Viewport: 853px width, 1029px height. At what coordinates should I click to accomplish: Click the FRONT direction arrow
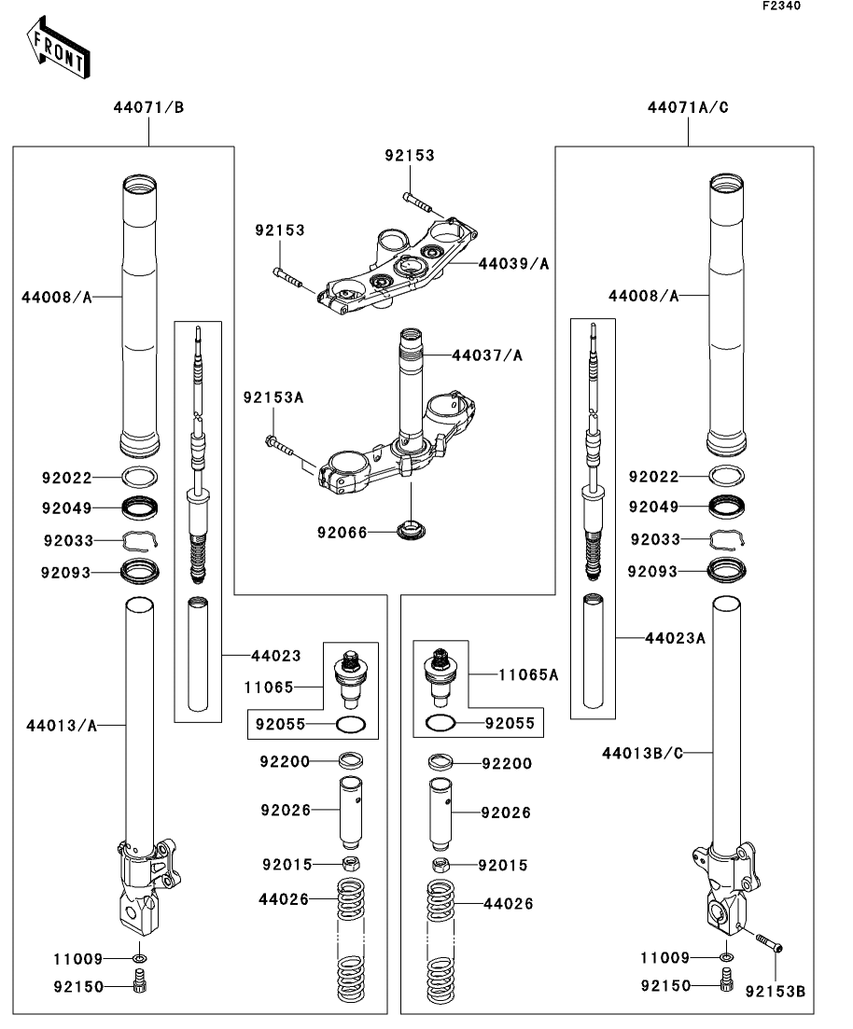(x=59, y=48)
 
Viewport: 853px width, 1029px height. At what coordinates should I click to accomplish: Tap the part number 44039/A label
(x=513, y=264)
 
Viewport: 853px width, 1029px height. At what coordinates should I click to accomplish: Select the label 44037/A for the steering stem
(x=487, y=355)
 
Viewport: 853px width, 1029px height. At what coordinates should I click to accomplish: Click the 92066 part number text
(x=343, y=532)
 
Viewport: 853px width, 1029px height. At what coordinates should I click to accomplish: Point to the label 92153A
(x=273, y=397)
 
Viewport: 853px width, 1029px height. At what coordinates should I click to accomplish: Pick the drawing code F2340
(x=781, y=6)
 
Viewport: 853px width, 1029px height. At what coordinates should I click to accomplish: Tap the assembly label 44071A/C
(x=688, y=107)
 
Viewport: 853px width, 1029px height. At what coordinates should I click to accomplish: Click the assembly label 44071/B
(x=148, y=107)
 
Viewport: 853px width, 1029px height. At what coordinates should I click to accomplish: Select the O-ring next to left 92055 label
(x=351, y=725)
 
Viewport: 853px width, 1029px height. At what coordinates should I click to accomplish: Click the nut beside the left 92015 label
(x=351, y=863)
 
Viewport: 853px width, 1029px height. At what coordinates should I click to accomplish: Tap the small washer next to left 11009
(x=139, y=959)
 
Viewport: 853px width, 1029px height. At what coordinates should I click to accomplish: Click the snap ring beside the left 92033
(x=141, y=539)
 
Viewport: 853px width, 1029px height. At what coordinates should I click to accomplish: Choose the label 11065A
(x=528, y=674)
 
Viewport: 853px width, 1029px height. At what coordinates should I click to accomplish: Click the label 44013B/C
(x=643, y=753)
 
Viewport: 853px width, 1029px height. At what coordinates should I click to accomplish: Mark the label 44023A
(x=675, y=638)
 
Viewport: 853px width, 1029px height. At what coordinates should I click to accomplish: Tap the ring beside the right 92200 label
(x=440, y=762)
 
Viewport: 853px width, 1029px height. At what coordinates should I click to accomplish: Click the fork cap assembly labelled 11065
(x=351, y=678)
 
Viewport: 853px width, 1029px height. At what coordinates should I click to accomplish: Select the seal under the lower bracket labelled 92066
(x=412, y=529)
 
